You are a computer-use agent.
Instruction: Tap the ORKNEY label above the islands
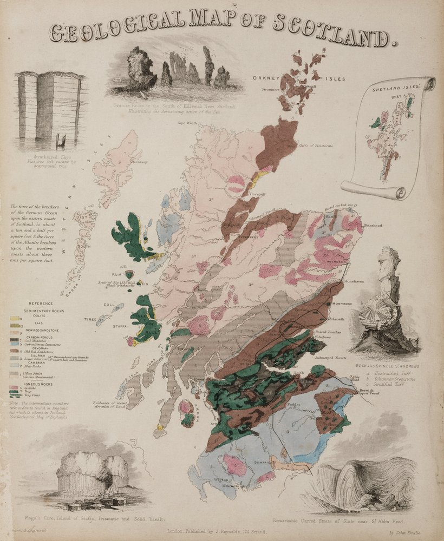(264, 78)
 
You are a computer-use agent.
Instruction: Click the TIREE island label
(90, 320)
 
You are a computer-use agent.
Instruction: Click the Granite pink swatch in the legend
(14, 388)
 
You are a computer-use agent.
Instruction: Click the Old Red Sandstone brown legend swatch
(14, 351)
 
